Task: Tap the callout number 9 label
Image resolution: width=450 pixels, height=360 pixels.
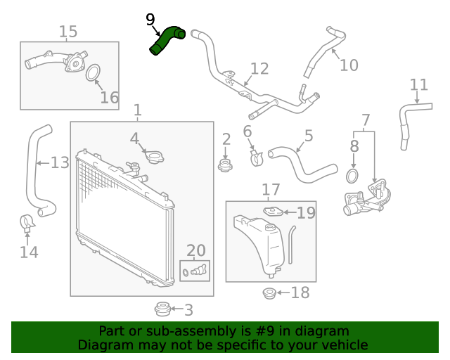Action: coord(150,20)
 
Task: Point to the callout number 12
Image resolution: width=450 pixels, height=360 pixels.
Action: coord(259,69)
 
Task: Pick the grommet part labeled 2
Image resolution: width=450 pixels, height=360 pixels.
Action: coord(225,166)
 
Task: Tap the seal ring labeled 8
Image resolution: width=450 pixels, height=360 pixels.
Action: coord(354,174)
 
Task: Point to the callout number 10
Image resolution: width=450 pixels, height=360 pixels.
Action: coord(349,65)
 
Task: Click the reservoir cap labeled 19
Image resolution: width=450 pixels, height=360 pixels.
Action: coord(274,212)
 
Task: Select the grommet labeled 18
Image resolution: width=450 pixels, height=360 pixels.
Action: coord(269,292)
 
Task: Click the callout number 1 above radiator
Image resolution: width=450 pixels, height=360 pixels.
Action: coord(138,110)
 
